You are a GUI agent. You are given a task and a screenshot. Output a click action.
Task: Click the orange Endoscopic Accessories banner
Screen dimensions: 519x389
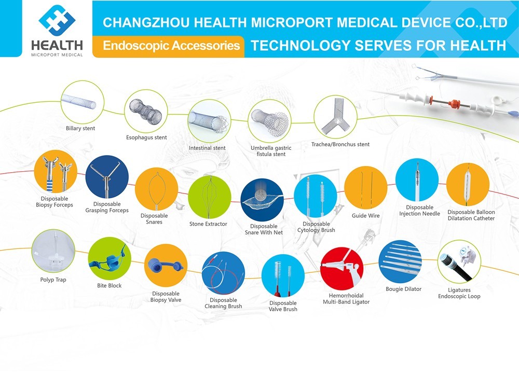pos(169,46)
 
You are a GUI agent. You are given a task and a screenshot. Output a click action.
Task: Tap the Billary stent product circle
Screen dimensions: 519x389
pos(83,102)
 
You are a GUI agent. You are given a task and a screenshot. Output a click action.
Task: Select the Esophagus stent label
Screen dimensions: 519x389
pos(146,137)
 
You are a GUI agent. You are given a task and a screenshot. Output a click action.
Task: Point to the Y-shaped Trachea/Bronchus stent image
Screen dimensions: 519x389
pos(335,117)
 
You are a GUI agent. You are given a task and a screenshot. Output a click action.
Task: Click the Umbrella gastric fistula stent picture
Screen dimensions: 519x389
pos(269,121)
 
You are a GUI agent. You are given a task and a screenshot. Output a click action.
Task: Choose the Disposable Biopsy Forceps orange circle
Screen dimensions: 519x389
pos(56,171)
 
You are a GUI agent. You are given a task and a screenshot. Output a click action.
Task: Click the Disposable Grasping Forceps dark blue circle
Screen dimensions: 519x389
pos(107,177)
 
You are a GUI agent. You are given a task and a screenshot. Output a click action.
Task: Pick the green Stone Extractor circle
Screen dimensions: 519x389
pos(210,197)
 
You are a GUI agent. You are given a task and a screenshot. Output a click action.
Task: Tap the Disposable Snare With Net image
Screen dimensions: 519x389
pos(262,200)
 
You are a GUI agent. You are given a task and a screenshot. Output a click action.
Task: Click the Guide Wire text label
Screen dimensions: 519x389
pos(366,216)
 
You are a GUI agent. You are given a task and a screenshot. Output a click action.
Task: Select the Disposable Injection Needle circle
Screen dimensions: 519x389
pos(417,180)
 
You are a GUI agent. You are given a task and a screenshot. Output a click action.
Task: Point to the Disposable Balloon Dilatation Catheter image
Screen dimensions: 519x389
pos(468,184)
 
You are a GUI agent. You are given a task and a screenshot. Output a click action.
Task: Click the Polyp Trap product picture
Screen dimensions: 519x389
pos(53,252)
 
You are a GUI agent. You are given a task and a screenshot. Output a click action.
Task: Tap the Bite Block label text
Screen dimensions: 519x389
pos(109,285)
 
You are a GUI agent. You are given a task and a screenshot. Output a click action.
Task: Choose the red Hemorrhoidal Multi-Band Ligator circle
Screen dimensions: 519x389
pos(342,269)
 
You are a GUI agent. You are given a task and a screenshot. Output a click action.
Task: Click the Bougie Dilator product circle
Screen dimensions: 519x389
pos(400,261)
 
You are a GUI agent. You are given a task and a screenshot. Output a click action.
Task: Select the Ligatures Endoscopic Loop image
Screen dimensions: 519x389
pos(459,261)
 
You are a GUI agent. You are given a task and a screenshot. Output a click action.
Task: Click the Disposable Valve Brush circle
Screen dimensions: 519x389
pos(283,276)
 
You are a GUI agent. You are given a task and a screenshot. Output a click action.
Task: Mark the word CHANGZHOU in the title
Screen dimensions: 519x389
pos(146,22)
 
